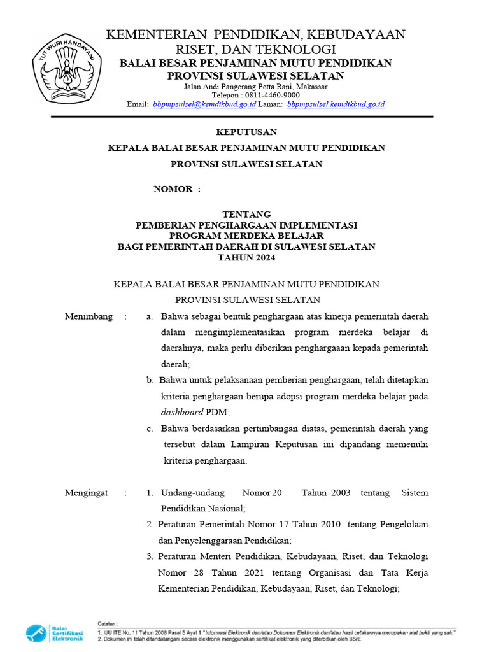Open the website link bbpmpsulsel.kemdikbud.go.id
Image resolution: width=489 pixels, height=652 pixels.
pyautogui.click(x=336, y=104)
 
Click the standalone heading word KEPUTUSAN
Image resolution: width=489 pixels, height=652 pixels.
pyautogui.click(x=246, y=132)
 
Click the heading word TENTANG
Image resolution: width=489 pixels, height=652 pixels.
pyautogui.click(x=246, y=215)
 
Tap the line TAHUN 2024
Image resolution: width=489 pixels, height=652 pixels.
pyautogui.click(x=246, y=257)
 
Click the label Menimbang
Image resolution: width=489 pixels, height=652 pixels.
pyautogui.click(x=89, y=316)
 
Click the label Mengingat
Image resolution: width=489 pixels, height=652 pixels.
pyautogui.click(x=88, y=493)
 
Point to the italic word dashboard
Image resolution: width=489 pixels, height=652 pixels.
pyautogui.click(x=183, y=412)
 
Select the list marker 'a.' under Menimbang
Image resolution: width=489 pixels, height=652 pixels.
pyautogui.click(x=150, y=316)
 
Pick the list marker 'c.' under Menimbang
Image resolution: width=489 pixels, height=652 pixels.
pyautogui.click(x=150, y=428)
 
